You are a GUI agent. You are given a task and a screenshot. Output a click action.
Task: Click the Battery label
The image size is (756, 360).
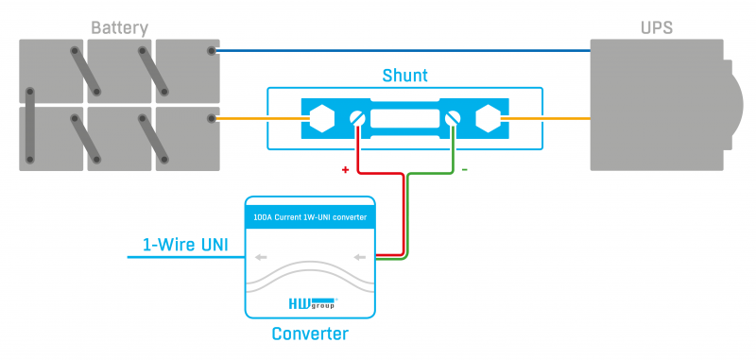[120, 28]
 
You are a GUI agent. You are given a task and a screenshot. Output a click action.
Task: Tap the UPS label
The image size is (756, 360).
[657, 28]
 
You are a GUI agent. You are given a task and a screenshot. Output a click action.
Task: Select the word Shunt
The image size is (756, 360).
[405, 76]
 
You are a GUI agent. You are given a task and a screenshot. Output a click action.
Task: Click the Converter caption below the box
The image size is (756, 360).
[310, 334]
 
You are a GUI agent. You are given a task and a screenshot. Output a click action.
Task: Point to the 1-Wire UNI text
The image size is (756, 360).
[185, 245]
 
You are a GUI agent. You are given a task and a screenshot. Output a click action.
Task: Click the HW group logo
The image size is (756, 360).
[313, 303]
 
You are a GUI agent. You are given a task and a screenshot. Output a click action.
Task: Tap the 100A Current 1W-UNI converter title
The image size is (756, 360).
[310, 217]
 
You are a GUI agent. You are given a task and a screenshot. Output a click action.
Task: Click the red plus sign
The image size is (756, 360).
[345, 170]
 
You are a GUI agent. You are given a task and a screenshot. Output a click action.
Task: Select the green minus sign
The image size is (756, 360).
[464, 170]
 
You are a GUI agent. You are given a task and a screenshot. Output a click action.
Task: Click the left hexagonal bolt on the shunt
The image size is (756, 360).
[321, 118]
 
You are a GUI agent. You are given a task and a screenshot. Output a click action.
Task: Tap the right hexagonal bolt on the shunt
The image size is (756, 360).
[488, 118]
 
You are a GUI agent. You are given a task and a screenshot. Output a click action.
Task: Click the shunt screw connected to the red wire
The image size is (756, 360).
[358, 118]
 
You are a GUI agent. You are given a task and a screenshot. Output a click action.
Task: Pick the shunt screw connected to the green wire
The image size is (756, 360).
[453, 118]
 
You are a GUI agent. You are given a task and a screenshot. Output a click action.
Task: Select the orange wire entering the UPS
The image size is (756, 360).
[546, 118]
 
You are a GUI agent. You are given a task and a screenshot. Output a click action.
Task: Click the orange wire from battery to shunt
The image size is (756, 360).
[263, 118]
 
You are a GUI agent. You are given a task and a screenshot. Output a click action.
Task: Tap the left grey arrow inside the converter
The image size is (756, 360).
[261, 257]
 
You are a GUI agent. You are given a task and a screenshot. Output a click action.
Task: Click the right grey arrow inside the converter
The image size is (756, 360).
[360, 257]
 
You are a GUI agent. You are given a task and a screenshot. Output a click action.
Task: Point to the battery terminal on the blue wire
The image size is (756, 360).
[211, 51]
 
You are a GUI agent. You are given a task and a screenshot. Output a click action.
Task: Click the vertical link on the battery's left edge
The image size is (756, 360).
[30, 126]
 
